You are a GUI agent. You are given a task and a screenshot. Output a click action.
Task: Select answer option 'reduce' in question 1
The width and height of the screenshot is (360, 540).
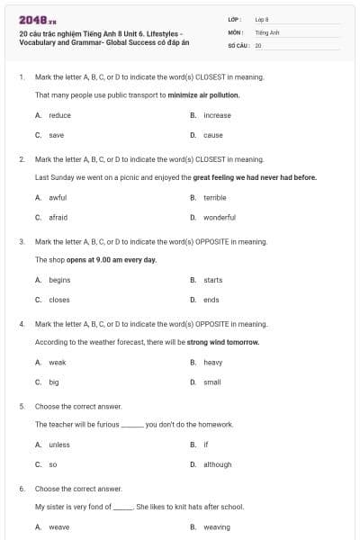coord(59,115)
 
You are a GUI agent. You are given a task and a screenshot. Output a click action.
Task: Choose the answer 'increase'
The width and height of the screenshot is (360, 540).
coord(217,115)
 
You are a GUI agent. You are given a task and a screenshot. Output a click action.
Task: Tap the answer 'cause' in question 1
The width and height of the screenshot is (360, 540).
coord(213,135)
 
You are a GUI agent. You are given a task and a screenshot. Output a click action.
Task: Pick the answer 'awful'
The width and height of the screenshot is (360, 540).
coord(58,197)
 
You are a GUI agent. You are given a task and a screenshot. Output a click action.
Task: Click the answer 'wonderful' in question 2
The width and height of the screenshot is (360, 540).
coord(219,217)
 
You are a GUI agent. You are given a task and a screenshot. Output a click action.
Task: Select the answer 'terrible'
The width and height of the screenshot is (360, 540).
coord(214,197)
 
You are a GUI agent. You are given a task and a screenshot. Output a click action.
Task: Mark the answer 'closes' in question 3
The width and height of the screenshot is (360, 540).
coord(58,300)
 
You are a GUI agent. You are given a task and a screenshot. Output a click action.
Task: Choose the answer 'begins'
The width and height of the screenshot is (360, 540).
coord(59,280)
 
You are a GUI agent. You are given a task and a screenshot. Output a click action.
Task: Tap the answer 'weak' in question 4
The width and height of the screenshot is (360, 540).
coord(58,362)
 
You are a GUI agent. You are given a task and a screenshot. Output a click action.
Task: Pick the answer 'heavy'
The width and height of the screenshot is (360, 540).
coord(212,362)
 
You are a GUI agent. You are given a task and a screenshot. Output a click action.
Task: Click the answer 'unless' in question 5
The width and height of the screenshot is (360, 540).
coord(58,445)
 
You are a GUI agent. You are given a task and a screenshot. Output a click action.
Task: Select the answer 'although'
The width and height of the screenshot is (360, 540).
coord(217,464)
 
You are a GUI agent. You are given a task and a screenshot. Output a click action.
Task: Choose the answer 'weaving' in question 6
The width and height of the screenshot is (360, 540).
coord(216,526)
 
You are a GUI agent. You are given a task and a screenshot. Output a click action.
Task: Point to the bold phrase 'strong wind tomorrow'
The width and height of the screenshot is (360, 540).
coord(223,342)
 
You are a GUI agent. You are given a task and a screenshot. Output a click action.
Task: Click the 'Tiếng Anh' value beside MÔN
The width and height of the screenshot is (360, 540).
coord(263,31)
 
